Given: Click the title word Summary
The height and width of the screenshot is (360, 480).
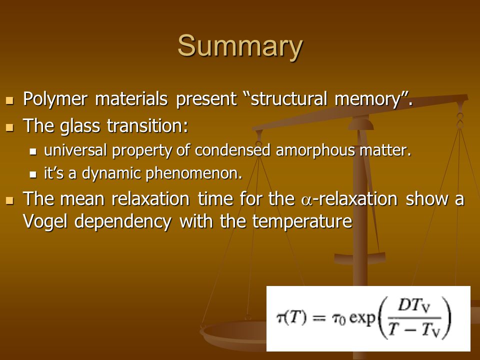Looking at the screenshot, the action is [240, 46].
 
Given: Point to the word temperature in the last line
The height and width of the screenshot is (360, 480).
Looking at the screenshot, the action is [302, 222].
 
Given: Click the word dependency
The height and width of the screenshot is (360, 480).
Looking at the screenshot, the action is [122, 222].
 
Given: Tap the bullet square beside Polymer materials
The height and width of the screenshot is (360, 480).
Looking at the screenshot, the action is [10, 100].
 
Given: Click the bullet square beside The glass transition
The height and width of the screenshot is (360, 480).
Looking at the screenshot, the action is [10, 127].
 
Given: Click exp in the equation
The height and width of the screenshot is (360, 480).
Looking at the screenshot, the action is [362, 318].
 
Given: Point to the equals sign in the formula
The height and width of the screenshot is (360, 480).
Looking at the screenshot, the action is [318, 318].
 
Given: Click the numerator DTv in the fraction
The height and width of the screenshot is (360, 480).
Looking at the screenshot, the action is [413, 306].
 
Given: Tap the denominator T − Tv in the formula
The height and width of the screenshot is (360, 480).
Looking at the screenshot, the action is [413, 330].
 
